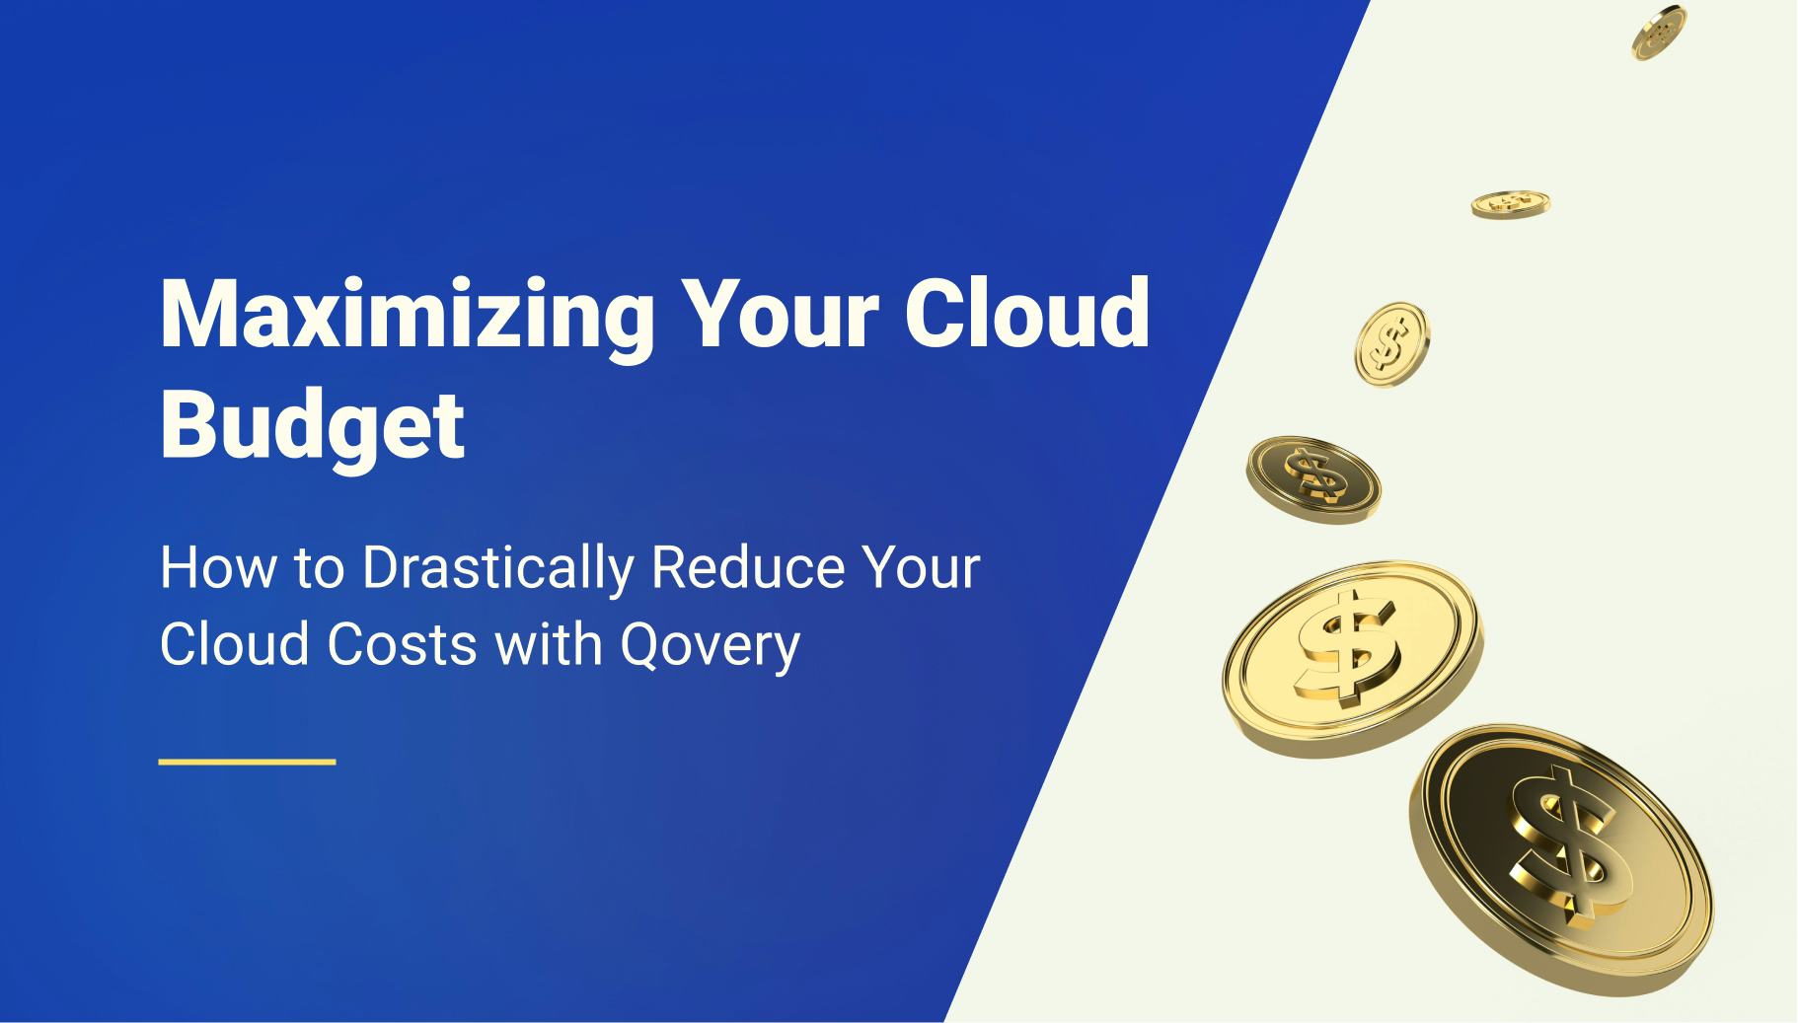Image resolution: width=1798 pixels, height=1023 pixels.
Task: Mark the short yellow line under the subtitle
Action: (248, 762)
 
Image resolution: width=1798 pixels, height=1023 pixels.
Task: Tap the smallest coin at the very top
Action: (1658, 33)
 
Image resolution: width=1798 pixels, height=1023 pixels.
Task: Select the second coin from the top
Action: (1510, 203)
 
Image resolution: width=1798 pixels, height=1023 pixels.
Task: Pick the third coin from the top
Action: (1391, 342)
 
